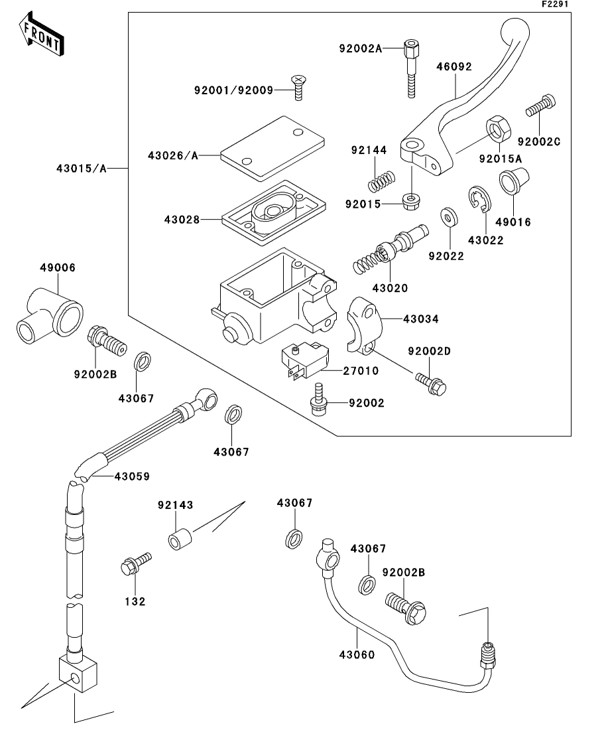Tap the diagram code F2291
point(555,4)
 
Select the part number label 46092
point(454,66)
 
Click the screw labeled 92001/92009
point(299,88)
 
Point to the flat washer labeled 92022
point(450,216)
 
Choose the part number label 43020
point(390,288)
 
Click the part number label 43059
point(132,476)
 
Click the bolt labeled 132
point(133,565)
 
